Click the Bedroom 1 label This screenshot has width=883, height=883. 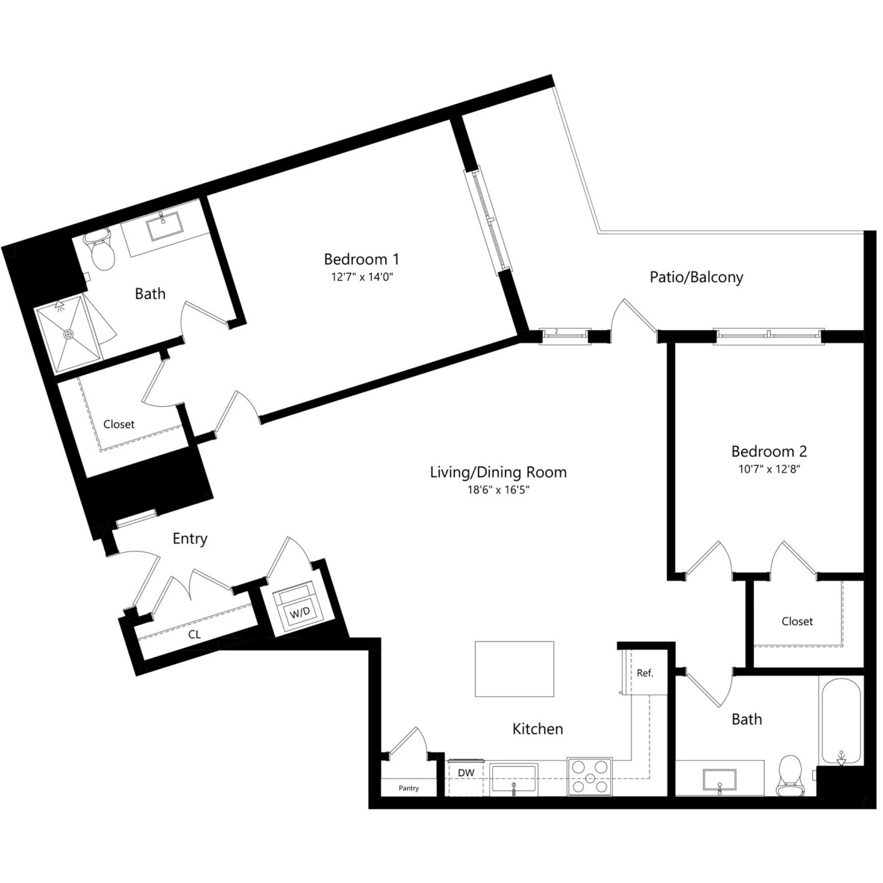tap(361, 260)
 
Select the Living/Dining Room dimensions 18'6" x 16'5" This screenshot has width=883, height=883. tap(498, 490)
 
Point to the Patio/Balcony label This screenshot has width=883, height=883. tap(696, 277)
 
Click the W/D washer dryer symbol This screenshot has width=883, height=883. tap(299, 612)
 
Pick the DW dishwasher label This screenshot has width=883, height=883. tap(466, 772)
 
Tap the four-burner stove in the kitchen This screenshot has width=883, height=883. tap(589, 777)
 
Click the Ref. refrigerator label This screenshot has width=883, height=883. tap(645, 673)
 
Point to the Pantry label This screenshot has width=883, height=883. tap(408, 789)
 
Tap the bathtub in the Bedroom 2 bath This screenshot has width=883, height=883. tap(841, 722)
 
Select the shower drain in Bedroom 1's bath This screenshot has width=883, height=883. tap(68, 334)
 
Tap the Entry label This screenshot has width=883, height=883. tap(190, 538)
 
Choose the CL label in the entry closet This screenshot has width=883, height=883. tap(194, 634)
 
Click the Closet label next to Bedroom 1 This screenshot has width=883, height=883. tap(119, 424)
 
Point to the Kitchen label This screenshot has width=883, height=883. tap(537, 729)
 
